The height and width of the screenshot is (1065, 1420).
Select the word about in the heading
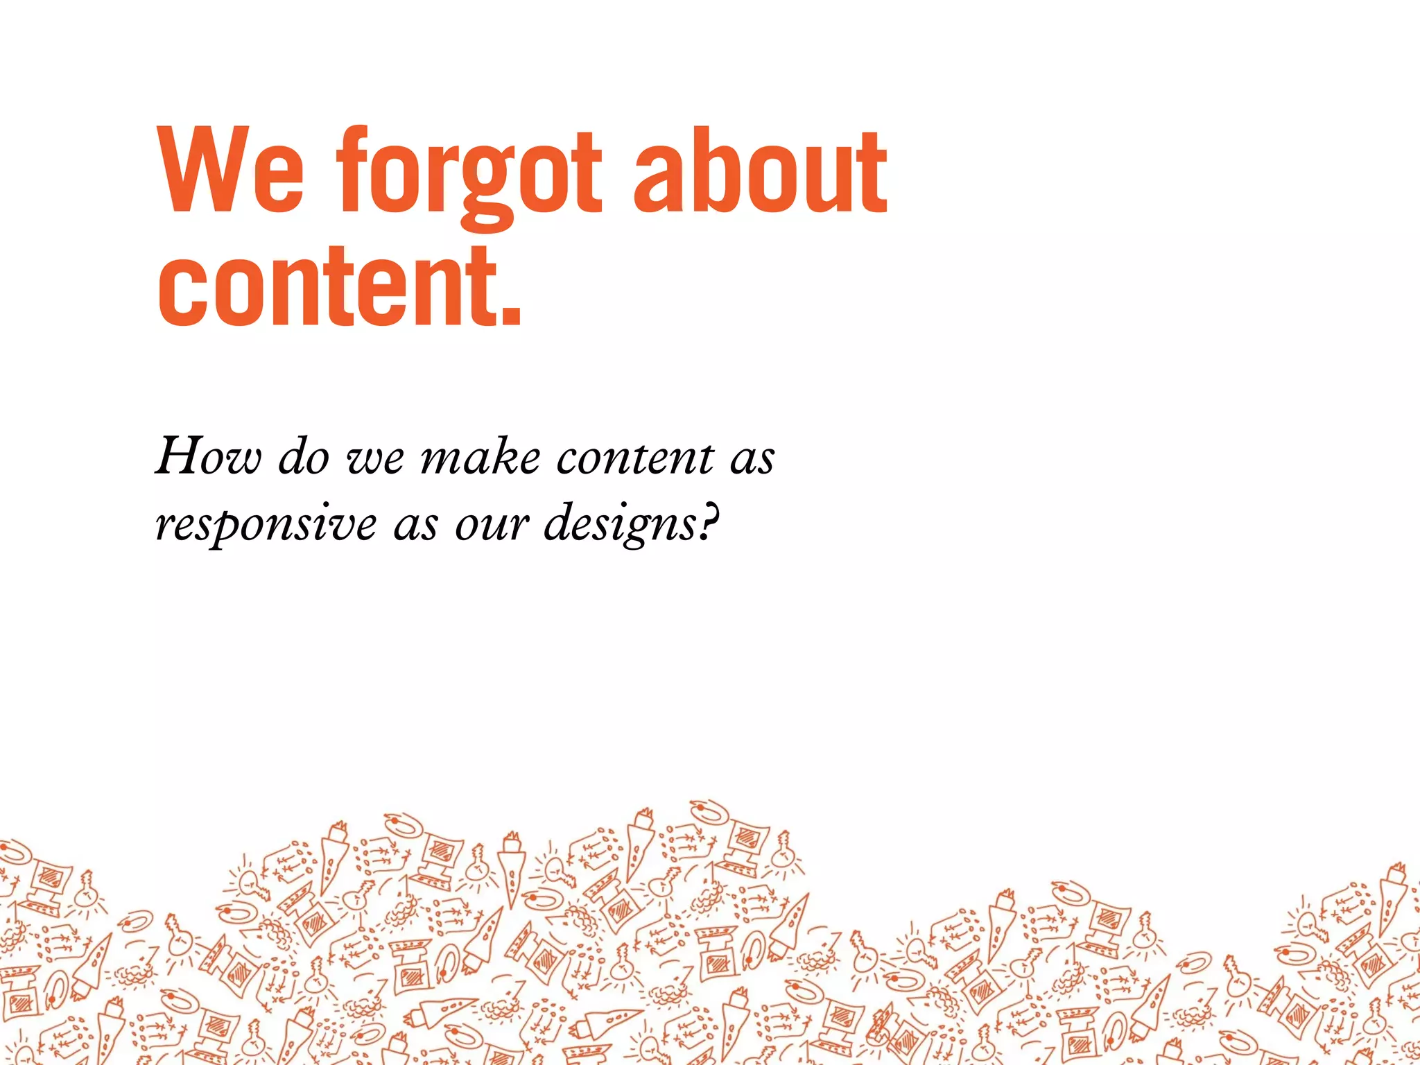click(x=760, y=172)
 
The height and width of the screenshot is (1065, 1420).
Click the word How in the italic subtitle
click(x=209, y=458)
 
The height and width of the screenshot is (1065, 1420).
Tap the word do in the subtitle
click(x=304, y=458)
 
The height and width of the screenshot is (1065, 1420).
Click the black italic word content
click(x=634, y=458)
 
